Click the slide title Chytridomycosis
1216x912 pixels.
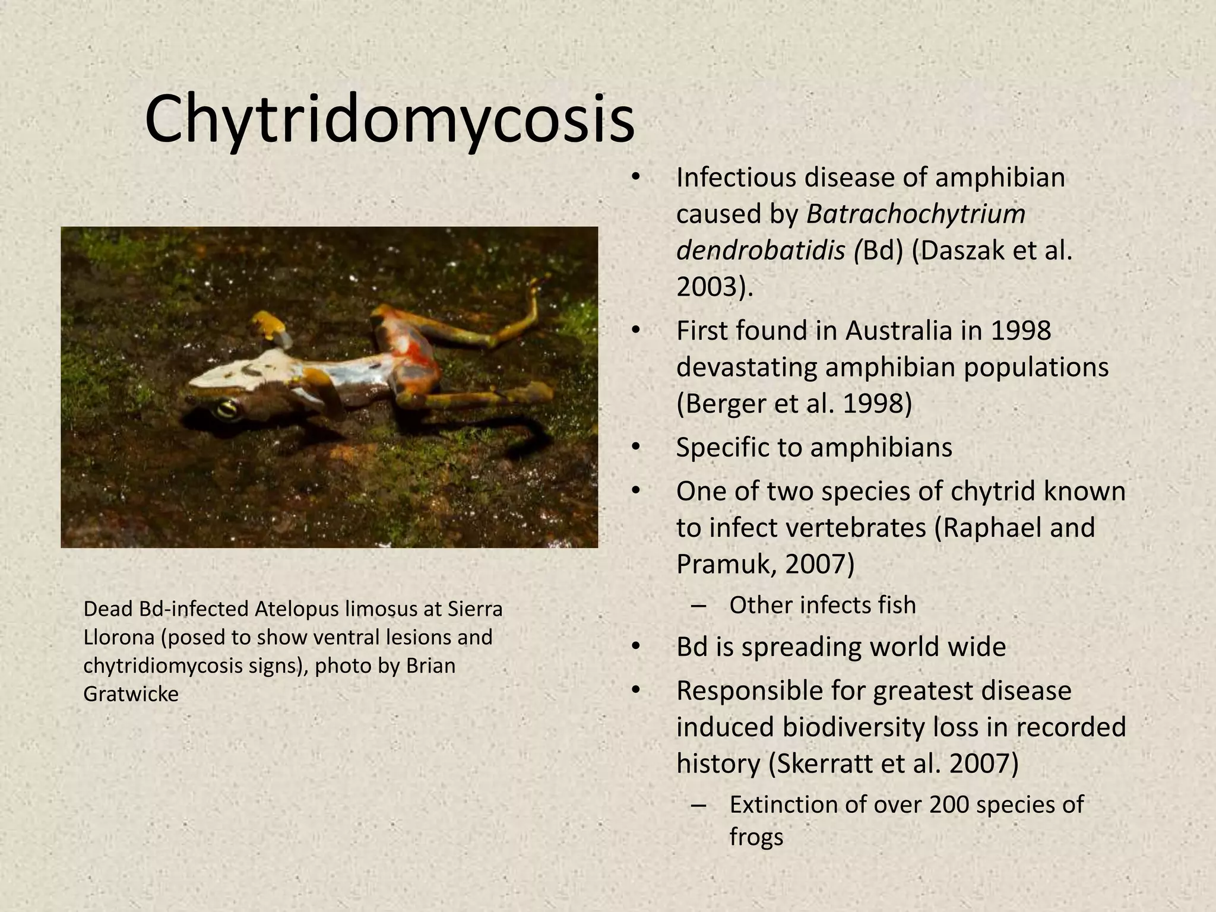pos(389,120)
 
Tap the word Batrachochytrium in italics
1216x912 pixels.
pos(916,214)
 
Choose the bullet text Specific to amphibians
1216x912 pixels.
pos(813,447)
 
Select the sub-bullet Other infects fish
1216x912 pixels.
pos(822,605)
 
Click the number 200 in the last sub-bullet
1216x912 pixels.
pos(949,805)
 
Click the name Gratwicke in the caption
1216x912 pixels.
pos(131,693)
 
